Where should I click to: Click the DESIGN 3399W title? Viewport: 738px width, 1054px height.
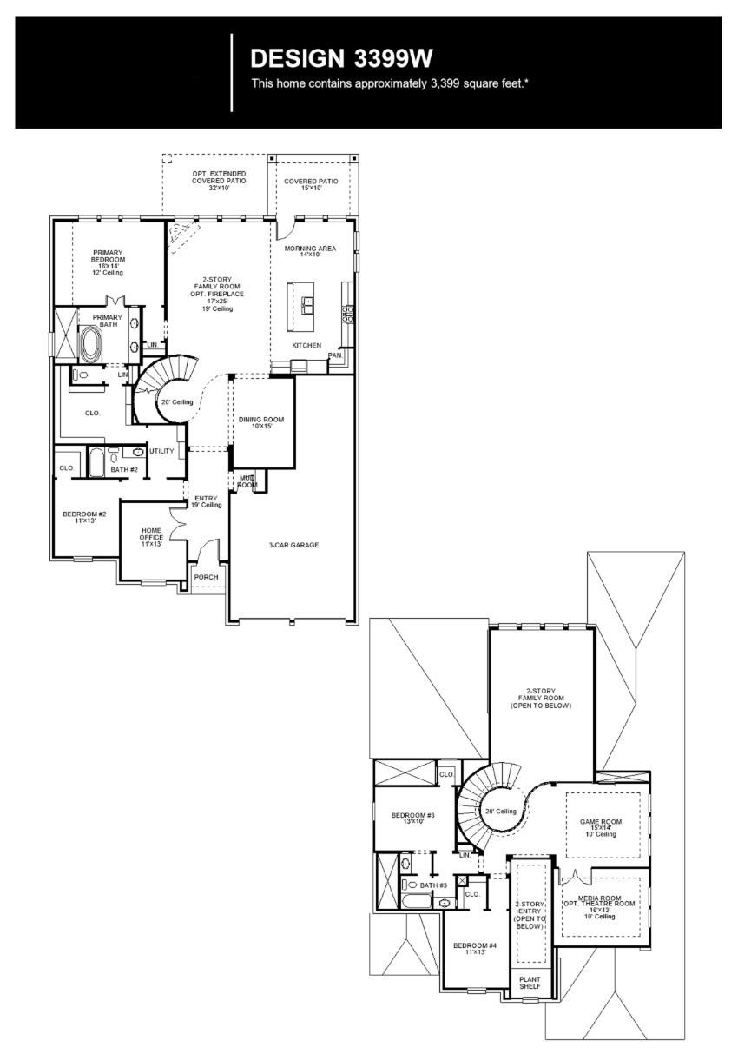point(341,58)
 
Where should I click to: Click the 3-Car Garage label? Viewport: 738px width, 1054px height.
point(293,545)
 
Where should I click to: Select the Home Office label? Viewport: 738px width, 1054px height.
point(151,534)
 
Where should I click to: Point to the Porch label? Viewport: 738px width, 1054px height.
point(206,577)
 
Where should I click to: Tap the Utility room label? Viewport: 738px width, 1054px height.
point(161,451)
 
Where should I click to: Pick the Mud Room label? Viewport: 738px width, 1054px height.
point(247,481)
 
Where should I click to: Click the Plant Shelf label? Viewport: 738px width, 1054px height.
point(530,983)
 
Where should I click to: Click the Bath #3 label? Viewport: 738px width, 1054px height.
point(433,885)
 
